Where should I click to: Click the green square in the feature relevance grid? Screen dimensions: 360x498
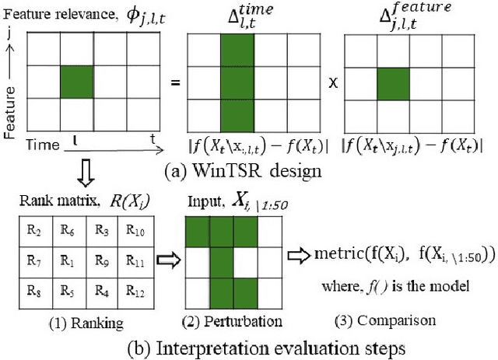click(77, 82)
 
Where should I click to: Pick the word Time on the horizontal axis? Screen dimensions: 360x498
click(42, 145)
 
